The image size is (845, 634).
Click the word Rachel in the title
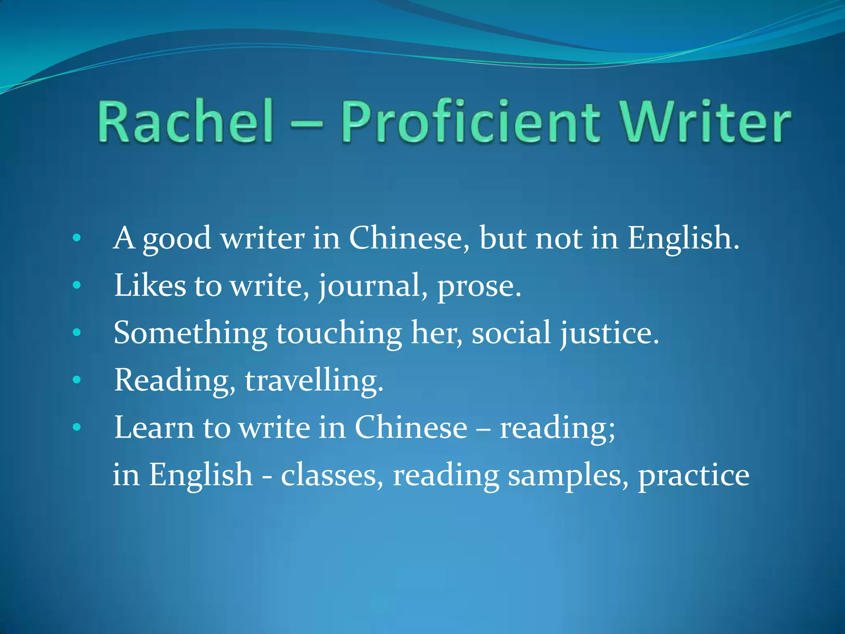[x=185, y=122]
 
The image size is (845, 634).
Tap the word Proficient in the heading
[x=470, y=122]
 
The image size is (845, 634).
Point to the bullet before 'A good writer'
[x=76, y=238]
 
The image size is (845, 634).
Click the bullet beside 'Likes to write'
[x=76, y=285]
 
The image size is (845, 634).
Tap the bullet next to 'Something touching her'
[x=76, y=332]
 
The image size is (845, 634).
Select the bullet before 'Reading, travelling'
[x=76, y=380]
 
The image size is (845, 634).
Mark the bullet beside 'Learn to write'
[x=76, y=427]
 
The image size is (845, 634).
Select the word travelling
[x=314, y=380]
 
